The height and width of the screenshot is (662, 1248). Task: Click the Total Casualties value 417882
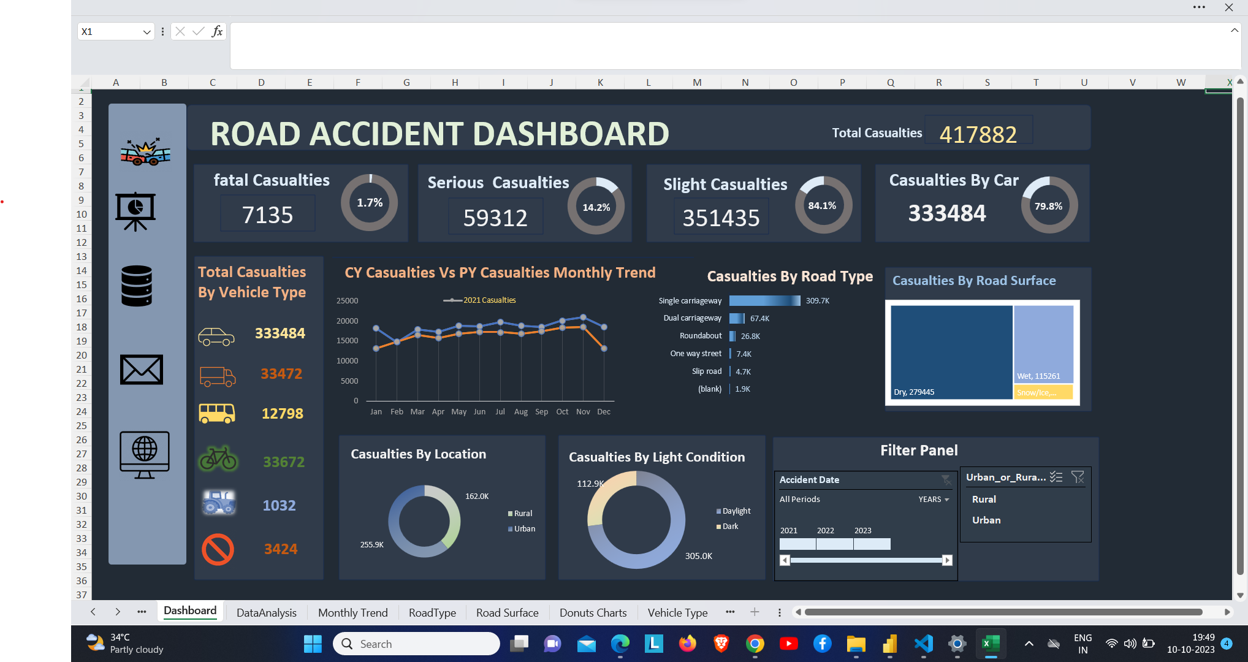(x=978, y=134)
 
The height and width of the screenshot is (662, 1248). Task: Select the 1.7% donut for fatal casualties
(x=370, y=203)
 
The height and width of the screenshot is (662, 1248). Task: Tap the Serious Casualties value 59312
(x=495, y=218)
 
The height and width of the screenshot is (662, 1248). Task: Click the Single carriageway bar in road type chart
(x=764, y=300)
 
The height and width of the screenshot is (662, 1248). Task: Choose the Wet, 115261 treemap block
(x=1043, y=344)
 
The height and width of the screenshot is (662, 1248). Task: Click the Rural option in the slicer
(x=984, y=500)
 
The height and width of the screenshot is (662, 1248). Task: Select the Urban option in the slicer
(x=986, y=520)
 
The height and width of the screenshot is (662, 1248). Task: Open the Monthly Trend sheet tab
(x=352, y=612)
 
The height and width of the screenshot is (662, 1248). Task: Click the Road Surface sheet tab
(x=507, y=612)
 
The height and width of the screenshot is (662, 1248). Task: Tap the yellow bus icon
(x=217, y=414)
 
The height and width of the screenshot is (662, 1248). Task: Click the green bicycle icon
(x=218, y=460)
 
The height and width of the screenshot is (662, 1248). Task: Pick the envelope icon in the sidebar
(x=142, y=370)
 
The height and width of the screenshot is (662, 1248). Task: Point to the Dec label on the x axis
(x=604, y=412)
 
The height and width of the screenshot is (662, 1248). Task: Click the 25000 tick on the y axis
(x=347, y=301)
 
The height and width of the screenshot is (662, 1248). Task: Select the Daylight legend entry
(x=736, y=511)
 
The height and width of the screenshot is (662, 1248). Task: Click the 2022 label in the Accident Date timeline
(x=826, y=531)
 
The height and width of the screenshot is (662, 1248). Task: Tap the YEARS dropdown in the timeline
(x=934, y=500)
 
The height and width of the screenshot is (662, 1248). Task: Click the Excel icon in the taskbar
(x=991, y=644)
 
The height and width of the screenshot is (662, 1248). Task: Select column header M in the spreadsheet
(x=697, y=83)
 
